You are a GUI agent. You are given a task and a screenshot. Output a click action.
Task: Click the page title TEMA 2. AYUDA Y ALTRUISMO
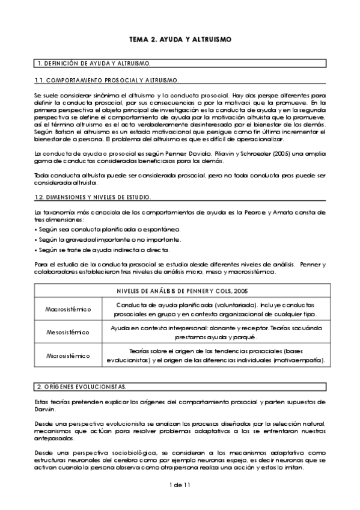(x=180, y=40)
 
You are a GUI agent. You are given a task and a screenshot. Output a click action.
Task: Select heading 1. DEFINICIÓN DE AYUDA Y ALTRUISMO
(x=94, y=63)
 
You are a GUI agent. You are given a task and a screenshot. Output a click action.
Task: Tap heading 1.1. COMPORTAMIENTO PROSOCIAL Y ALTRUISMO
(x=108, y=79)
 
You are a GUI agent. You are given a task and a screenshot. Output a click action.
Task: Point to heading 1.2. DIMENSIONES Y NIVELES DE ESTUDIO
(x=96, y=197)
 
